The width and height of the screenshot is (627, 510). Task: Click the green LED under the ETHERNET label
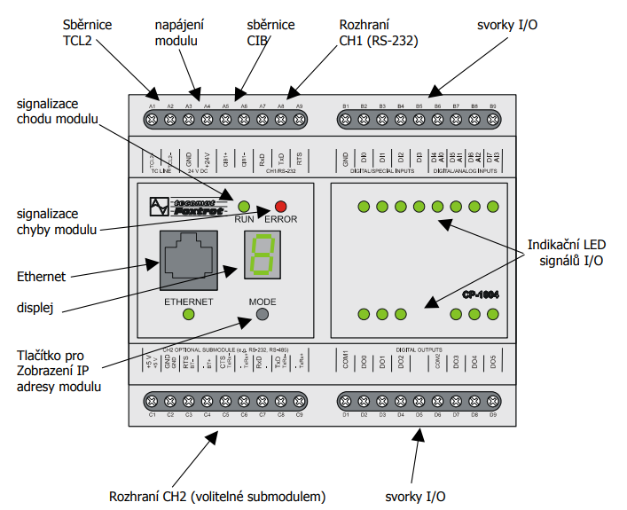tap(188, 314)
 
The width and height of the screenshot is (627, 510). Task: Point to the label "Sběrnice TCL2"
tap(88, 35)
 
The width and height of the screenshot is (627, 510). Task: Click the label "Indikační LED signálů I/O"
tap(568, 251)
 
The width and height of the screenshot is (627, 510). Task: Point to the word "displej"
tap(36, 310)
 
